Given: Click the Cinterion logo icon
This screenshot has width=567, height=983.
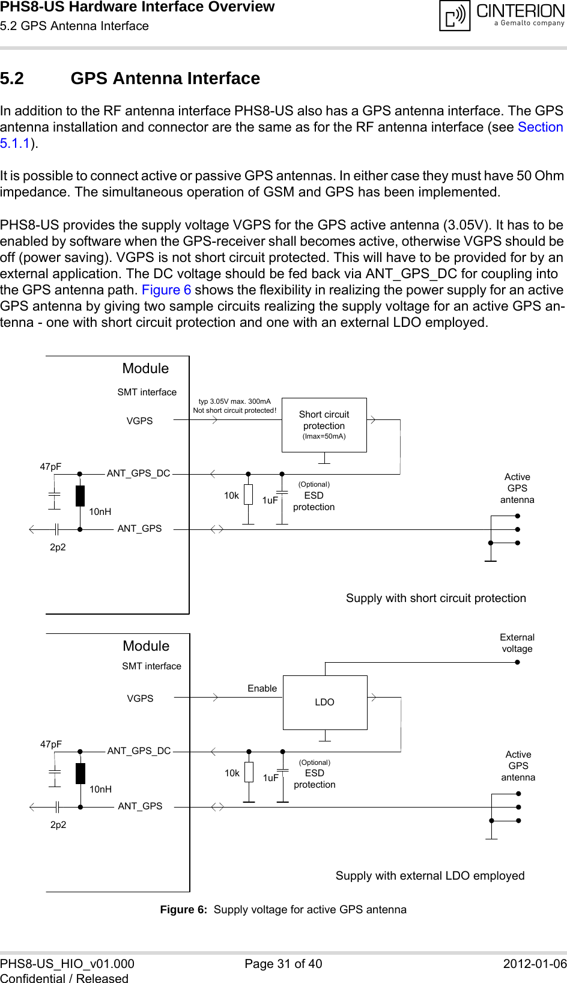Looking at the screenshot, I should click(x=455, y=16).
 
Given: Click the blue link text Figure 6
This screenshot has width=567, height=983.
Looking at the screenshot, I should click(x=166, y=290).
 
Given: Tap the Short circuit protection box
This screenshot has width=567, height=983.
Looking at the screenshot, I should click(x=324, y=425).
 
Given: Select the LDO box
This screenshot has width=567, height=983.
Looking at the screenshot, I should click(x=325, y=702).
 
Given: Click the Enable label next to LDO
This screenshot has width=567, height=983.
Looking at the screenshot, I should click(x=262, y=689).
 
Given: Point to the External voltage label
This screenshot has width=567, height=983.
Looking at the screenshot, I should click(x=517, y=643).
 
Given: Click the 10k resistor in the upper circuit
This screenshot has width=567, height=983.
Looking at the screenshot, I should click(x=248, y=495).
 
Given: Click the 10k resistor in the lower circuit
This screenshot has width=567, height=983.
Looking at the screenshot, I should click(x=249, y=773).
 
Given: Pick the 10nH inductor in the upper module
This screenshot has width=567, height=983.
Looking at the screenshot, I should click(x=80, y=496).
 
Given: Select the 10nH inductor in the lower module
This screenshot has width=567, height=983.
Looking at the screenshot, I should click(x=80, y=774).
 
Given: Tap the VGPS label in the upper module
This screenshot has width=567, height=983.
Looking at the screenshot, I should click(x=139, y=421).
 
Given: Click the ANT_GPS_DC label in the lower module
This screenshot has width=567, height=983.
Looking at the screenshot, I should click(x=139, y=751).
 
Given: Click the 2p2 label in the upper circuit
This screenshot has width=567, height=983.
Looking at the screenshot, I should click(x=58, y=547).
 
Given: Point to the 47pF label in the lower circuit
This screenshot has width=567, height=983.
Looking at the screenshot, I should click(x=51, y=744).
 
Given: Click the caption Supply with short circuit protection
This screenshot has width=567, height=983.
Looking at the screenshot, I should click(x=435, y=598).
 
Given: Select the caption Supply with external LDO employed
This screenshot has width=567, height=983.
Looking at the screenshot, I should click(x=429, y=876).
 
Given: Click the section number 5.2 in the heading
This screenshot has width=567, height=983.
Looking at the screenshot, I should click(x=12, y=79).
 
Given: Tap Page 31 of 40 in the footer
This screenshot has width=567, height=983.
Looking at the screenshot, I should click(x=283, y=964).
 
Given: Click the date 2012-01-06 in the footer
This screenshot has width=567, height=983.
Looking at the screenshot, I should click(x=534, y=964).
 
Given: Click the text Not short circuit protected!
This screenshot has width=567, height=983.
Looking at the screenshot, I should click(x=234, y=411).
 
